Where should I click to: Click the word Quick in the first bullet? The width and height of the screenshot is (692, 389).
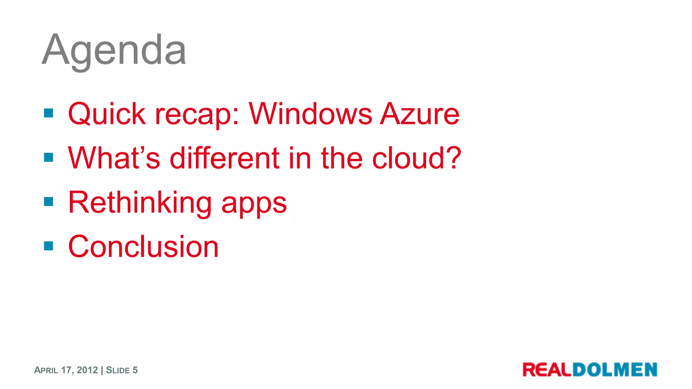pos(106,114)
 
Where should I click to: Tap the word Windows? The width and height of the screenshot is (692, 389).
pos(311,114)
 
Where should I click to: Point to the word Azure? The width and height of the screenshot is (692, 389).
pos(420,114)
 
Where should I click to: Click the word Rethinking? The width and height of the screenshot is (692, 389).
pos(140,203)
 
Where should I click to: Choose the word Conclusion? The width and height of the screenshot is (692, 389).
pos(143,247)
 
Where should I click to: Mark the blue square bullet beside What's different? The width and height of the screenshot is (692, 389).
pos(49,157)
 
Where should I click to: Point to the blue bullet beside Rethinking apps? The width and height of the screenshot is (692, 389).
pos(49,202)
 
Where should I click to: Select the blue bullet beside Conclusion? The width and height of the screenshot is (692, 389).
pos(49,246)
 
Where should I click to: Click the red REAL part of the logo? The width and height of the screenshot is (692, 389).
pos(547,370)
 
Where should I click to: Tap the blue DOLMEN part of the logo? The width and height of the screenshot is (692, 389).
pos(615,370)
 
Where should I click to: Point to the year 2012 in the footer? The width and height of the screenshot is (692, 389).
pos(87,370)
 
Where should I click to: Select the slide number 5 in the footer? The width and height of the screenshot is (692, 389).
pos(135,370)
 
